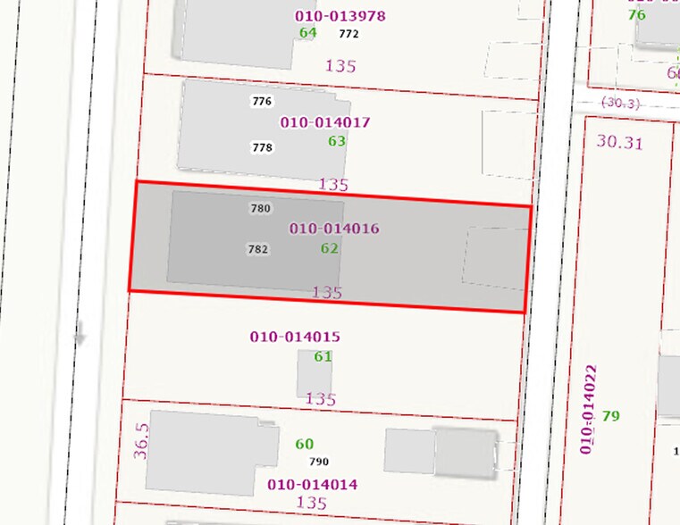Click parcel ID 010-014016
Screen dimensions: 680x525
tap(334, 229)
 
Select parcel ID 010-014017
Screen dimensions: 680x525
tap(325, 122)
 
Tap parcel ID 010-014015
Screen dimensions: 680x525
tap(295, 337)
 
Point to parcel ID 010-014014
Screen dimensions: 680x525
tap(313, 485)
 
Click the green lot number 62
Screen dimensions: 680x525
tap(330, 248)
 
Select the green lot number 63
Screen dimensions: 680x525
tap(337, 141)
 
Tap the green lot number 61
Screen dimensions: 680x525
tap(323, 356)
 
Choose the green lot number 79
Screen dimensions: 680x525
tap(611, 416)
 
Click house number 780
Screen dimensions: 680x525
tap(260, 209)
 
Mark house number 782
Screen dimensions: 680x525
tap(257, 250)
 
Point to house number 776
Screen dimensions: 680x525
tap(262, 101)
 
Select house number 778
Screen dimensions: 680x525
tap(262, 147)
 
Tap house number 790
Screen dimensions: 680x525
tap(318, 462)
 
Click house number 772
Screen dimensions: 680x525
tap(348, 34)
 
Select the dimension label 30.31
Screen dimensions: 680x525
tap(619, 142)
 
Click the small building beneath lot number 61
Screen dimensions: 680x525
tap(314, 375)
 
